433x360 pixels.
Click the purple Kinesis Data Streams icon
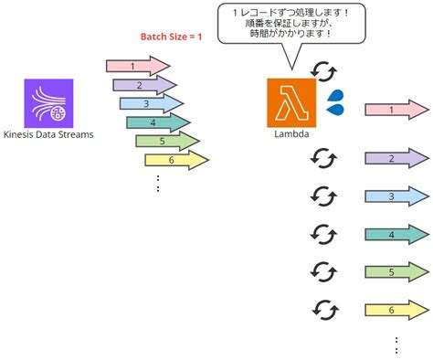pos(48,103)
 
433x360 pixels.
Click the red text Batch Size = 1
pos(171,37)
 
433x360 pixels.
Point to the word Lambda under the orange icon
pos(290,132)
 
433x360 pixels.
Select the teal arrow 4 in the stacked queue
pos(158,122)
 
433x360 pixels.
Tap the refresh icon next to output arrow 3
pos(322,196)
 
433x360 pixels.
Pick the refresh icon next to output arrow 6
pos(322,309)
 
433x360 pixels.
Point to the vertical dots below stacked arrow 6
pos(158,184)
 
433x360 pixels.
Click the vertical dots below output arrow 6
pos(396,344)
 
